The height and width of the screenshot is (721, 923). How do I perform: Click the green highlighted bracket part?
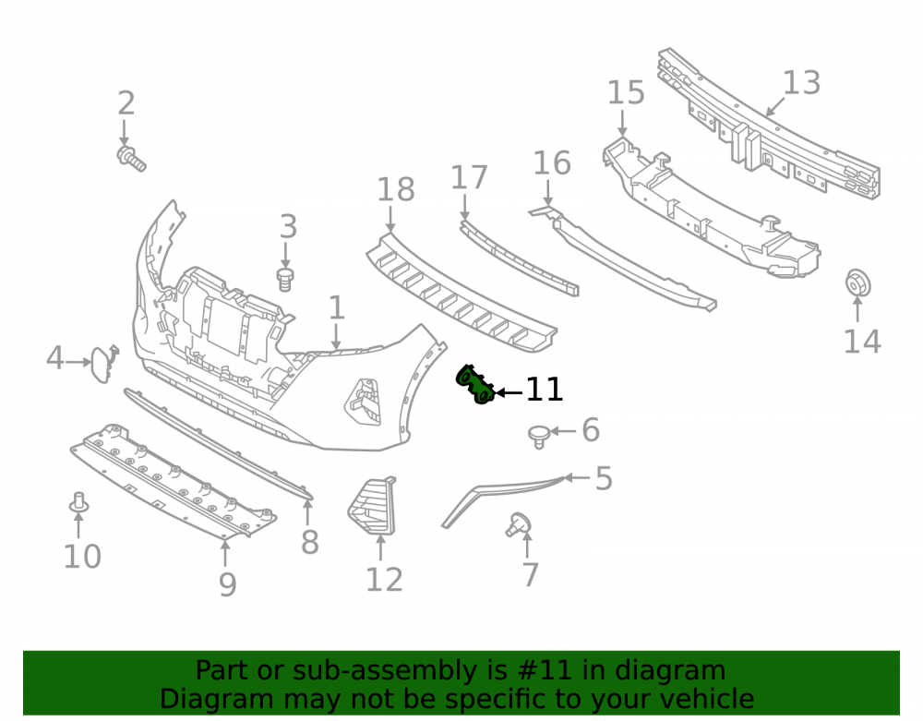(x=474, y=384)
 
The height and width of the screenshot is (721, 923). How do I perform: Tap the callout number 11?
(x=544, y=390)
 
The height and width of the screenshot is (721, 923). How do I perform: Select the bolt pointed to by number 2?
(x=131, y=159)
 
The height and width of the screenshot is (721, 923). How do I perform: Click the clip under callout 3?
(x=285, y=280)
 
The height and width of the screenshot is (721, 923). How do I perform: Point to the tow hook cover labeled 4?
(x=102, y=364)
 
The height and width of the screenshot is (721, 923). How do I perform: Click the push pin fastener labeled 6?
(x=539, y=437)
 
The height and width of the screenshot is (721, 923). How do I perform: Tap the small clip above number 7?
(x=518, y=523)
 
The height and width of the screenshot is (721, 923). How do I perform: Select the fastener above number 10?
(x=78, y=502)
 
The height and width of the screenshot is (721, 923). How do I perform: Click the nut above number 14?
(x=857, y=283)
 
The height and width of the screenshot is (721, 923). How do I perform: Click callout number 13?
(x=801, y=83)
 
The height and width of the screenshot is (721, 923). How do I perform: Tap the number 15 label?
(x=626, y=93)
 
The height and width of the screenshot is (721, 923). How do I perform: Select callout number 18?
(x=396, y=189)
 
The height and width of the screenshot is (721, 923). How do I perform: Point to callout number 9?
(x=227, y=584)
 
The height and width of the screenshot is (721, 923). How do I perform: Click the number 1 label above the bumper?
(x=336, y=307)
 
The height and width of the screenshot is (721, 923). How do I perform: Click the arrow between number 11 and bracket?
(x=509, y=392)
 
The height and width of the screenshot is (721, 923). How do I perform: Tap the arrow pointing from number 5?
(x=577, y=477)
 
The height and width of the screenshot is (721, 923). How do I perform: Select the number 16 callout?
(x=552, y=163)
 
